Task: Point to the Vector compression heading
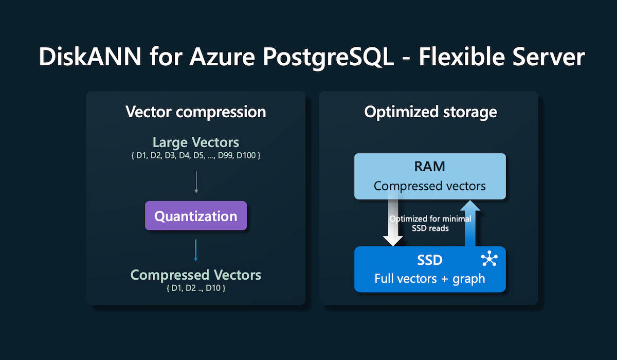pos(195,112)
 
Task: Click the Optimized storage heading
pos(430,112)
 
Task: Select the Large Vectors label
pos(195,142)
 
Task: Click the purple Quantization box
pos(195,215)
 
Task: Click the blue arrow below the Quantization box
pos(196,250)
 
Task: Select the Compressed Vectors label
pos(195,275)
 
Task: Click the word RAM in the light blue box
pos(430,167)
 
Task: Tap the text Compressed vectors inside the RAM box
pos(430,186)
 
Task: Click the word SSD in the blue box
pos(430,260)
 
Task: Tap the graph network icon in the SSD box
pos(489,260)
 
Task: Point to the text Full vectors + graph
pos(430,279)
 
